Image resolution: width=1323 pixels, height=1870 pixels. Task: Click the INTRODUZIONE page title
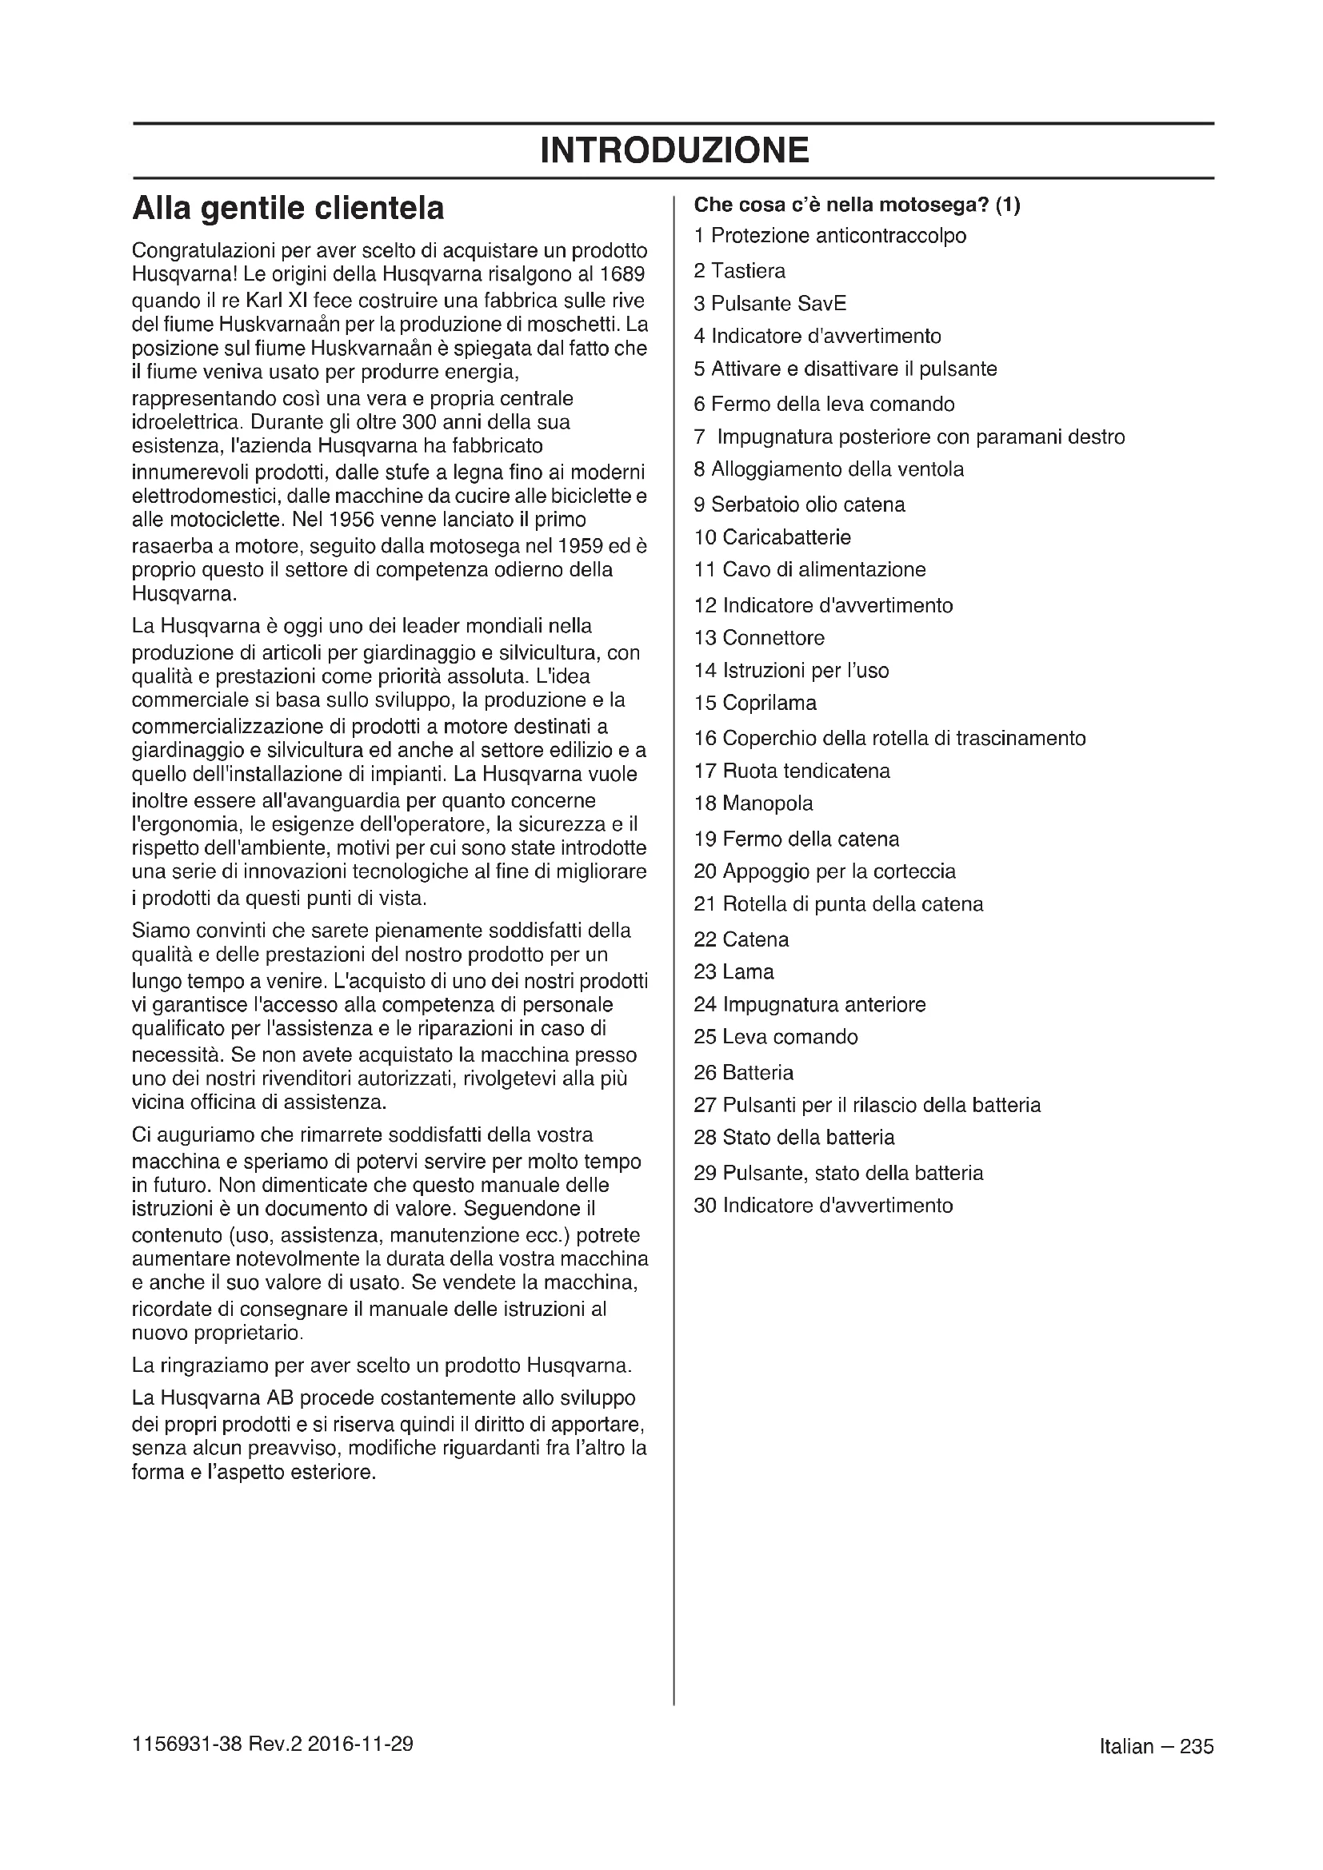(x=673, y=150)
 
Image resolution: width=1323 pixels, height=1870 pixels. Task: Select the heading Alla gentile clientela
(x=288, y=209)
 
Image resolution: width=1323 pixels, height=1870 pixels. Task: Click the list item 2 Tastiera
(x=739, y=270)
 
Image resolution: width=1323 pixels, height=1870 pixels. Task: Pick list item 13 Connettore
(x=758, y=638)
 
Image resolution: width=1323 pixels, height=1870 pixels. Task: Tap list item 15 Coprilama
(x=754, y=703)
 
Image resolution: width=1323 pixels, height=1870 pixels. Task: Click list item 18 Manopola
(x=753, y=803)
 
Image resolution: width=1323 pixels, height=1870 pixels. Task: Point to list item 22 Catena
(x=741, y=940)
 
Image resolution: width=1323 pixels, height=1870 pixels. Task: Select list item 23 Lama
(x=733, y=971)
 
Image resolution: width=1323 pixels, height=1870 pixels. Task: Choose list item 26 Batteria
(x=743, y=1073)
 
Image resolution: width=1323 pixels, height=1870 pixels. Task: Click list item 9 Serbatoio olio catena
(x=798, y=505)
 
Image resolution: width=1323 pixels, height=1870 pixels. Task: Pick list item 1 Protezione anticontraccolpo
(x=829, y=236)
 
